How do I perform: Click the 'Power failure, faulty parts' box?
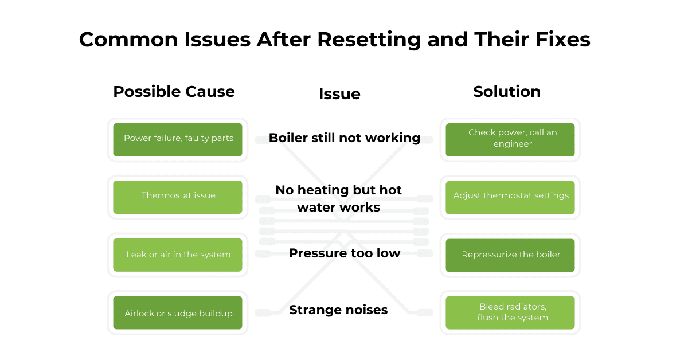178,139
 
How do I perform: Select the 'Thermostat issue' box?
178,197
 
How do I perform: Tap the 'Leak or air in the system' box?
178,255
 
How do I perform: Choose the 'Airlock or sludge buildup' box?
178,313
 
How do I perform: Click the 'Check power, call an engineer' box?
510,139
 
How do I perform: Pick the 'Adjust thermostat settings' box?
510,197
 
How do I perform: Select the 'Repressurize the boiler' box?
510,255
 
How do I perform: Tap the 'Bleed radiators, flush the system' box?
510,313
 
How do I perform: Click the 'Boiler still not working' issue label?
344,138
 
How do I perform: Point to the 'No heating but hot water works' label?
338,198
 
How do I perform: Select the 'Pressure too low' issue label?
344,253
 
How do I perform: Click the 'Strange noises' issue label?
338,310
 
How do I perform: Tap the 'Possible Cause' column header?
174,92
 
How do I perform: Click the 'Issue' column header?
339,94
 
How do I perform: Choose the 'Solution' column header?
507,92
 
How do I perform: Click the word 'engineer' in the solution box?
513,144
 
